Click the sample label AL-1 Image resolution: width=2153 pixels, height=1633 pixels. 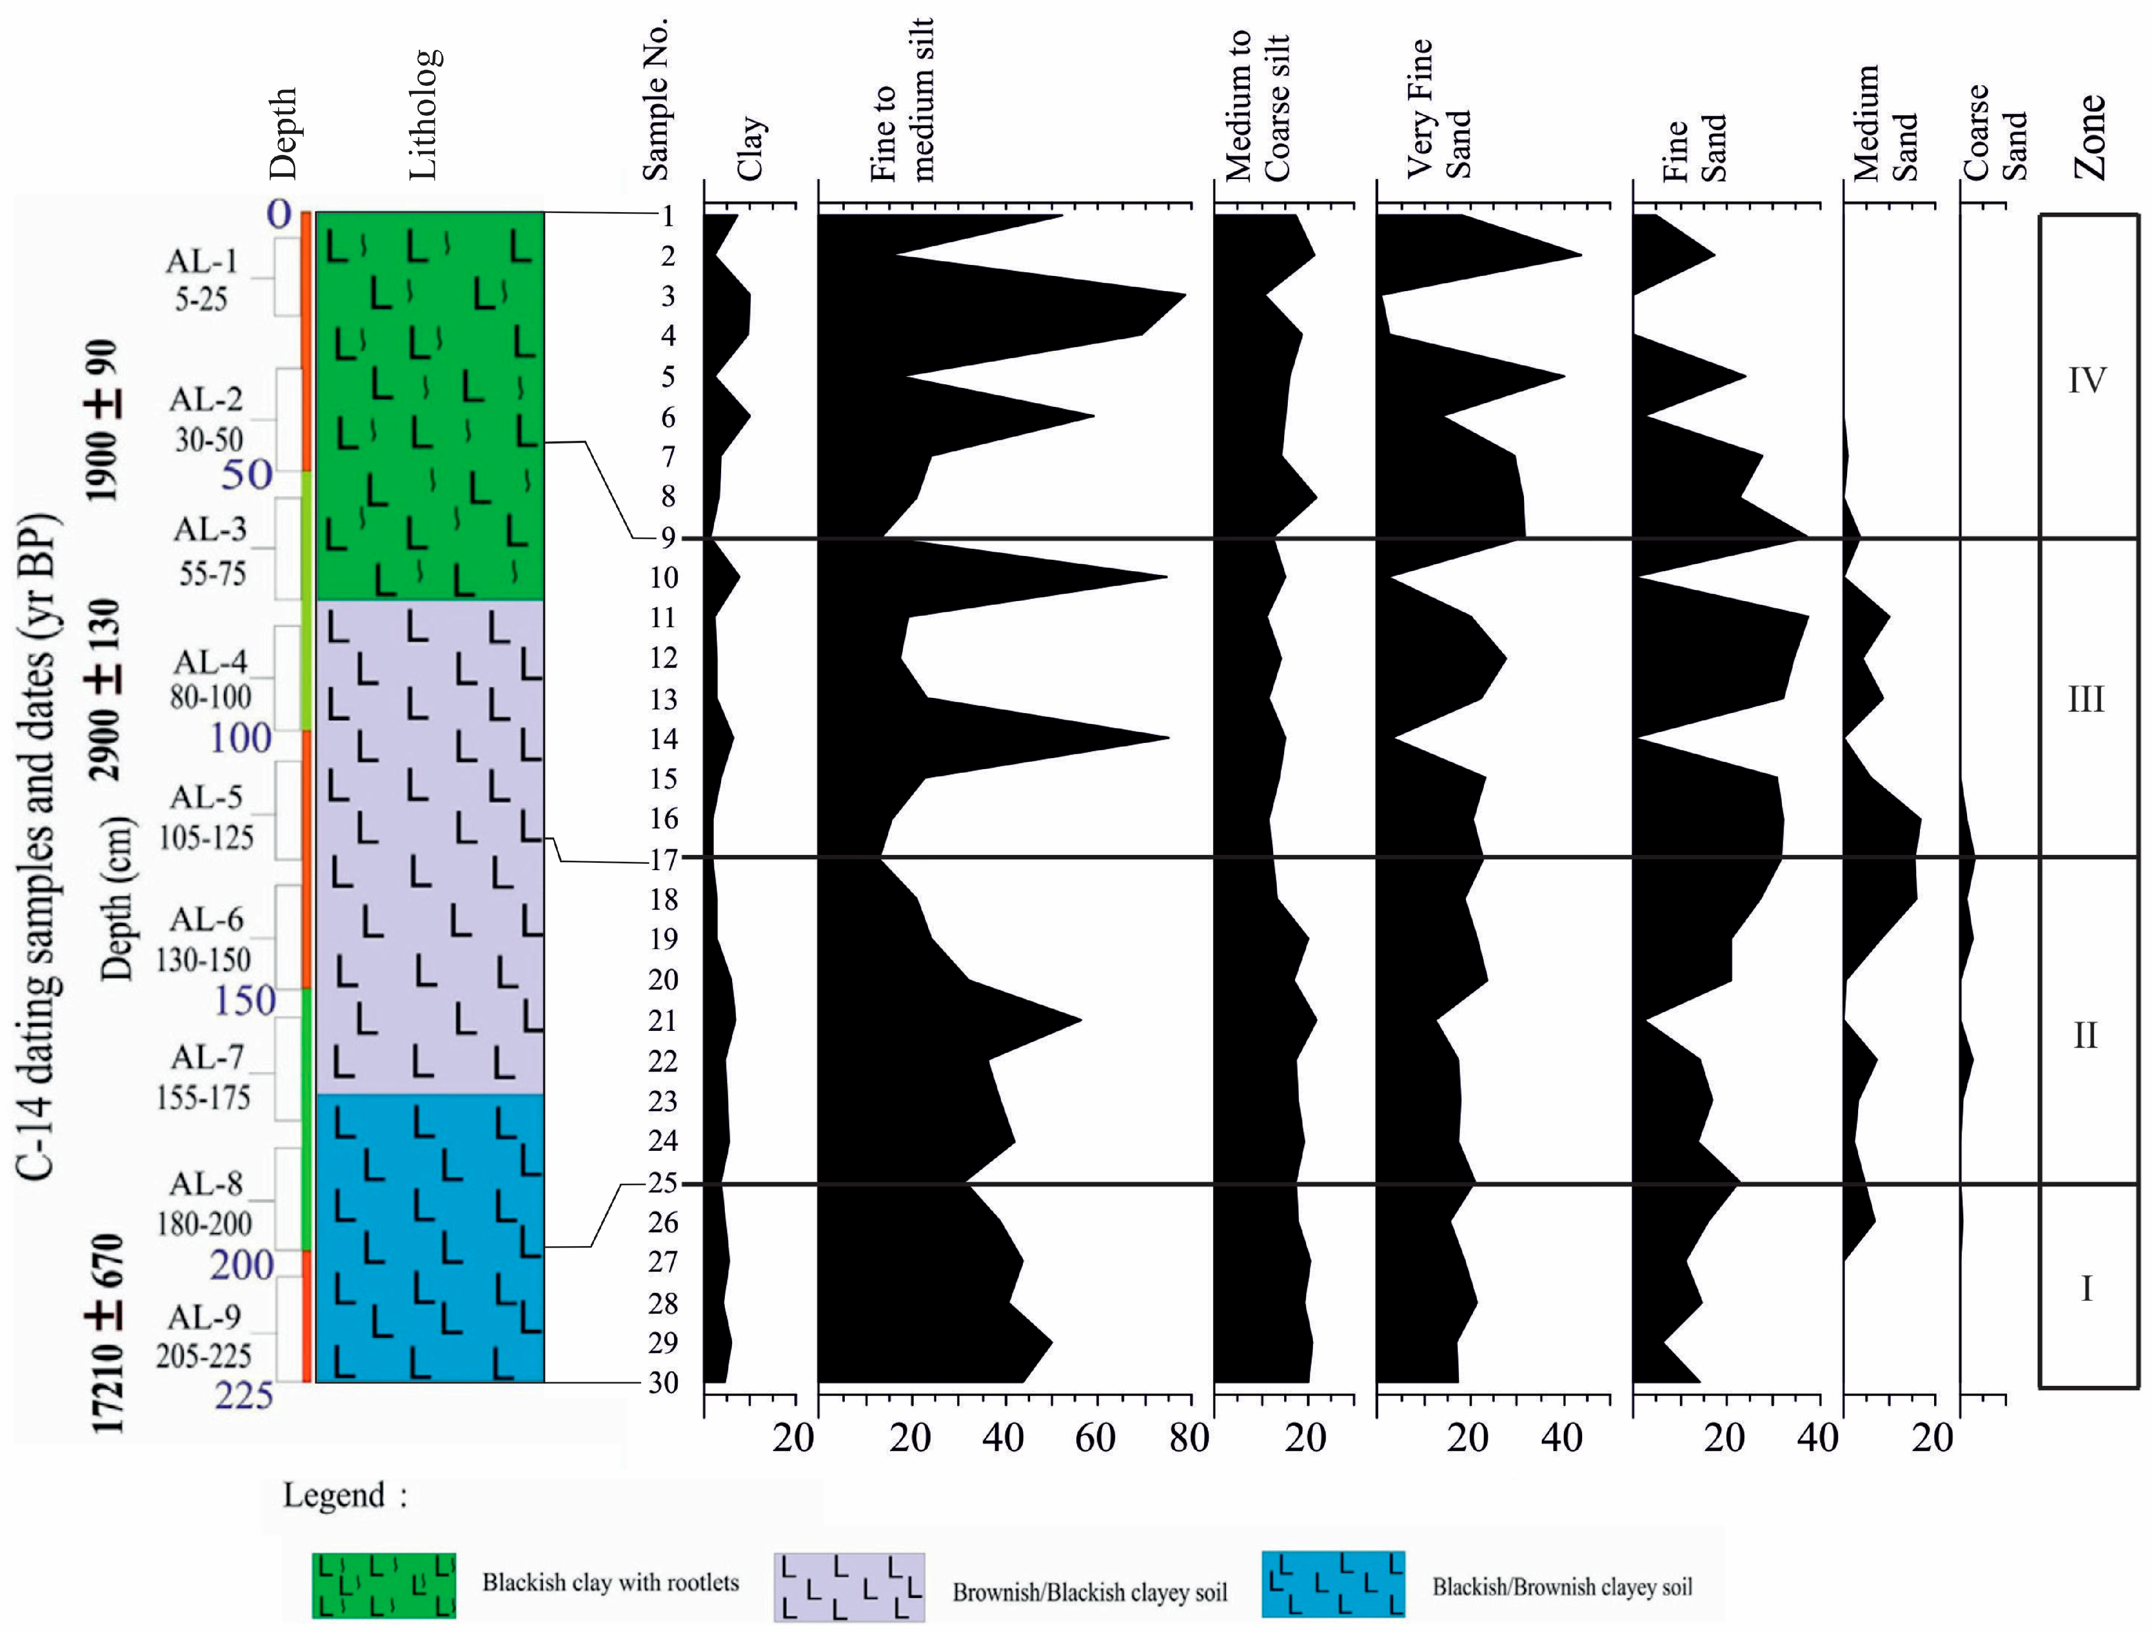[202, 261]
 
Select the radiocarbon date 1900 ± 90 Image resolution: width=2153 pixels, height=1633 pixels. [103, 420]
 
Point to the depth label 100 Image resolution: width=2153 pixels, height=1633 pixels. [240, 739]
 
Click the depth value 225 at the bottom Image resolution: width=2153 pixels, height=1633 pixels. [244, 1395]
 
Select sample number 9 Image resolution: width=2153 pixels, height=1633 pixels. [668, 537]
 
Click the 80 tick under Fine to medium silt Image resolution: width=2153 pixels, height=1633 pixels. [1188, 1437]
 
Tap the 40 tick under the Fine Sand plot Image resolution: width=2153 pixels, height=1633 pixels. [1816, 1437]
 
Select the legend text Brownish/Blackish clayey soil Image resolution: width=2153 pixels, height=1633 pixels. [1089, 1592]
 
